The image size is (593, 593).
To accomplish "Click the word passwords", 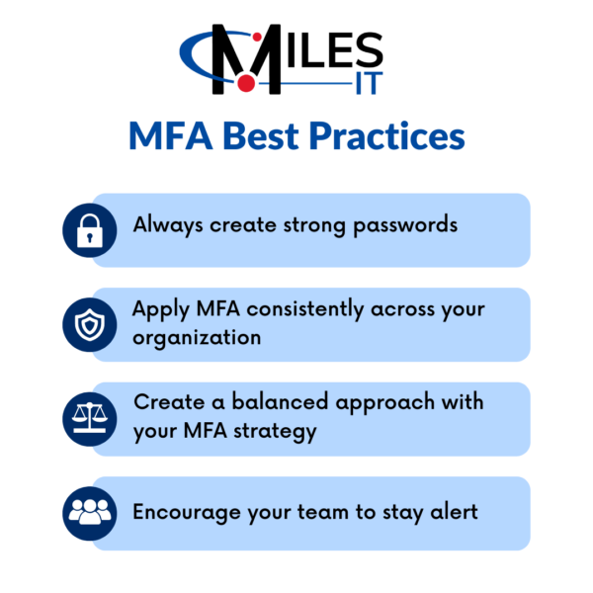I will coord(408,225).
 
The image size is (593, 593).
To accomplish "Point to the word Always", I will coord(169,225).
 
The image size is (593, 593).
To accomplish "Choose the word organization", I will coord(198,337).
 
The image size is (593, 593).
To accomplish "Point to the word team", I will coord(328,512).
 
